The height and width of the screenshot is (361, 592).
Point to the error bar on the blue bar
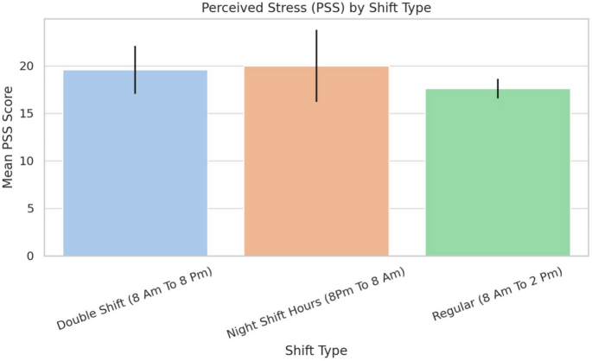[x=136, y=69]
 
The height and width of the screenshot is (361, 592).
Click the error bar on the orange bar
[x=316, y=66]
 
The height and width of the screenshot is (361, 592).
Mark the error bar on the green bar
[x=498, y=88]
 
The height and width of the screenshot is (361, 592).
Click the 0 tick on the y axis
[x=31, y=256]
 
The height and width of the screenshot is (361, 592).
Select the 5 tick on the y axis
[x=31, y=209]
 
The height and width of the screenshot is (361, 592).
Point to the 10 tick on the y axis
[x=28, y=161]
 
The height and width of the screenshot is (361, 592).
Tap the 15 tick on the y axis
[x=28, y=114]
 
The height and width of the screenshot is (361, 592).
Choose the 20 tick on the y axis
[x=28, y=66]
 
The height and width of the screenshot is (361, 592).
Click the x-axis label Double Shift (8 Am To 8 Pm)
[x=135, y=298]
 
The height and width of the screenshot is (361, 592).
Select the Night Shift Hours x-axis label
[x=315, y=301]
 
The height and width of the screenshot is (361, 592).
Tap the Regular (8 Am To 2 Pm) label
[x=497, y=295]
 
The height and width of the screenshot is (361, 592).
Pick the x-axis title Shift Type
[x=316, y=350]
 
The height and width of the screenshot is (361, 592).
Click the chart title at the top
[x=316, y=8]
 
